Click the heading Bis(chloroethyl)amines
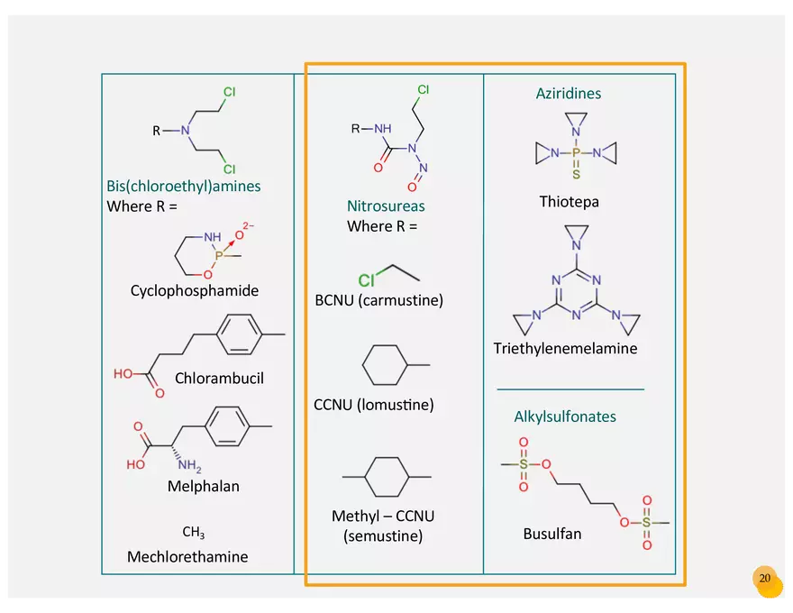tap(184, 187)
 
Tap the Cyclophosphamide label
tap(195, 290)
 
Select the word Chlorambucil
tap(220, 378)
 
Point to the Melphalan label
tap(204, 486)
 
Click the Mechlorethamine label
tap(187, 556)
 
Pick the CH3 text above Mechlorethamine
tap(194, 532)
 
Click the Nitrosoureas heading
tap(386, 206)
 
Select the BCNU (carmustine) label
tap(379, 300)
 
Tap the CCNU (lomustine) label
tap(374, 405)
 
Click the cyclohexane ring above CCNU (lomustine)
tap(386, 366)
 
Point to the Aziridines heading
tap(569, 94)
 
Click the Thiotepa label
tap(569, 202)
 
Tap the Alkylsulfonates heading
tap(565, 416)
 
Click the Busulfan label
tap(552, 534)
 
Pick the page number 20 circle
tap(765, 579)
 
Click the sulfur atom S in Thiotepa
tap(577, 174)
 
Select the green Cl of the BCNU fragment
tap(366, 280)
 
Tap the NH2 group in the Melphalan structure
tap(189, 466)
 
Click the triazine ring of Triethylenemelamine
tap(577, 290)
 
